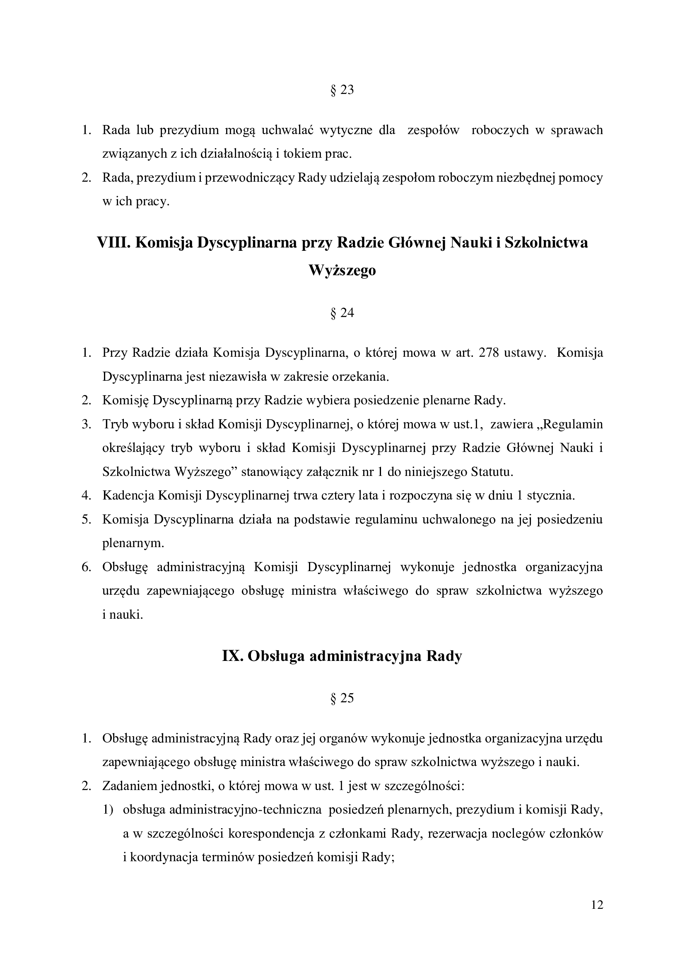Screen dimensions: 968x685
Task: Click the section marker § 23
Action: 342,90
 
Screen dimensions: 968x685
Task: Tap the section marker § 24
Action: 342,313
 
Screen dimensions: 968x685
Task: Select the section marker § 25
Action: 342,698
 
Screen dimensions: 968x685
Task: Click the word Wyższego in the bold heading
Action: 342,270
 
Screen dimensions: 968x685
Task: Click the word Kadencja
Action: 128,495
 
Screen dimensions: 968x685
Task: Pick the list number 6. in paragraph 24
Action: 87,567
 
